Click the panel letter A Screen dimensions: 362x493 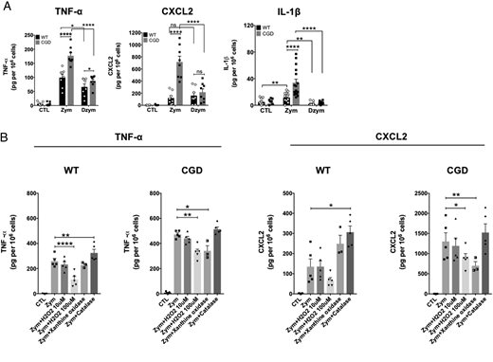coord(5,6)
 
